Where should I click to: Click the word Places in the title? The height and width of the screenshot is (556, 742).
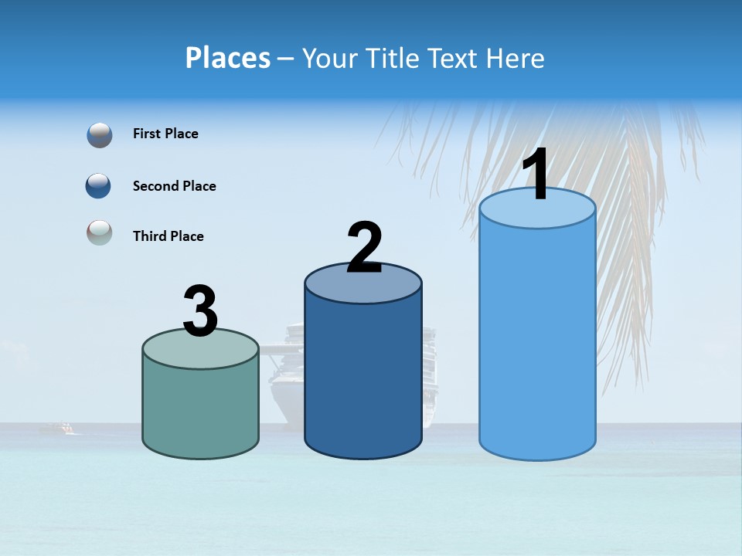click(227, 58)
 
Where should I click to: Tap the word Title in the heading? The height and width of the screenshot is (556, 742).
click(391, 58)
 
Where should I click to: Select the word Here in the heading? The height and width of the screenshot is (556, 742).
click(516, 58)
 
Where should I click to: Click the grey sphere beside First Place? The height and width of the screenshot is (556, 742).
click(100, 134)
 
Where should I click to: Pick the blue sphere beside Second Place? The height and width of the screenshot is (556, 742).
click(99, 186)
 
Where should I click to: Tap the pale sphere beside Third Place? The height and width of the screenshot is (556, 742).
click(99, 232)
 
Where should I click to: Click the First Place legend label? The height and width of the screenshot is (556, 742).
click(165, 134)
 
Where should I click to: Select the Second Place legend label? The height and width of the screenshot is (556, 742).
click(174, 186)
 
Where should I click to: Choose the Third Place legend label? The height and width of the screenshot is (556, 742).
click(168, 236)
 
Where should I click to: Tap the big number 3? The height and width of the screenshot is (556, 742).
click(200, 311)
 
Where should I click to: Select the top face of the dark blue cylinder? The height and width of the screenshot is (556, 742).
click(363, 286)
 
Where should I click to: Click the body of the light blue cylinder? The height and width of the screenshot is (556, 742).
click(537, 340)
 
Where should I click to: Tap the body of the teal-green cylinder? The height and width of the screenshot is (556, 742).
click(200, 409)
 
